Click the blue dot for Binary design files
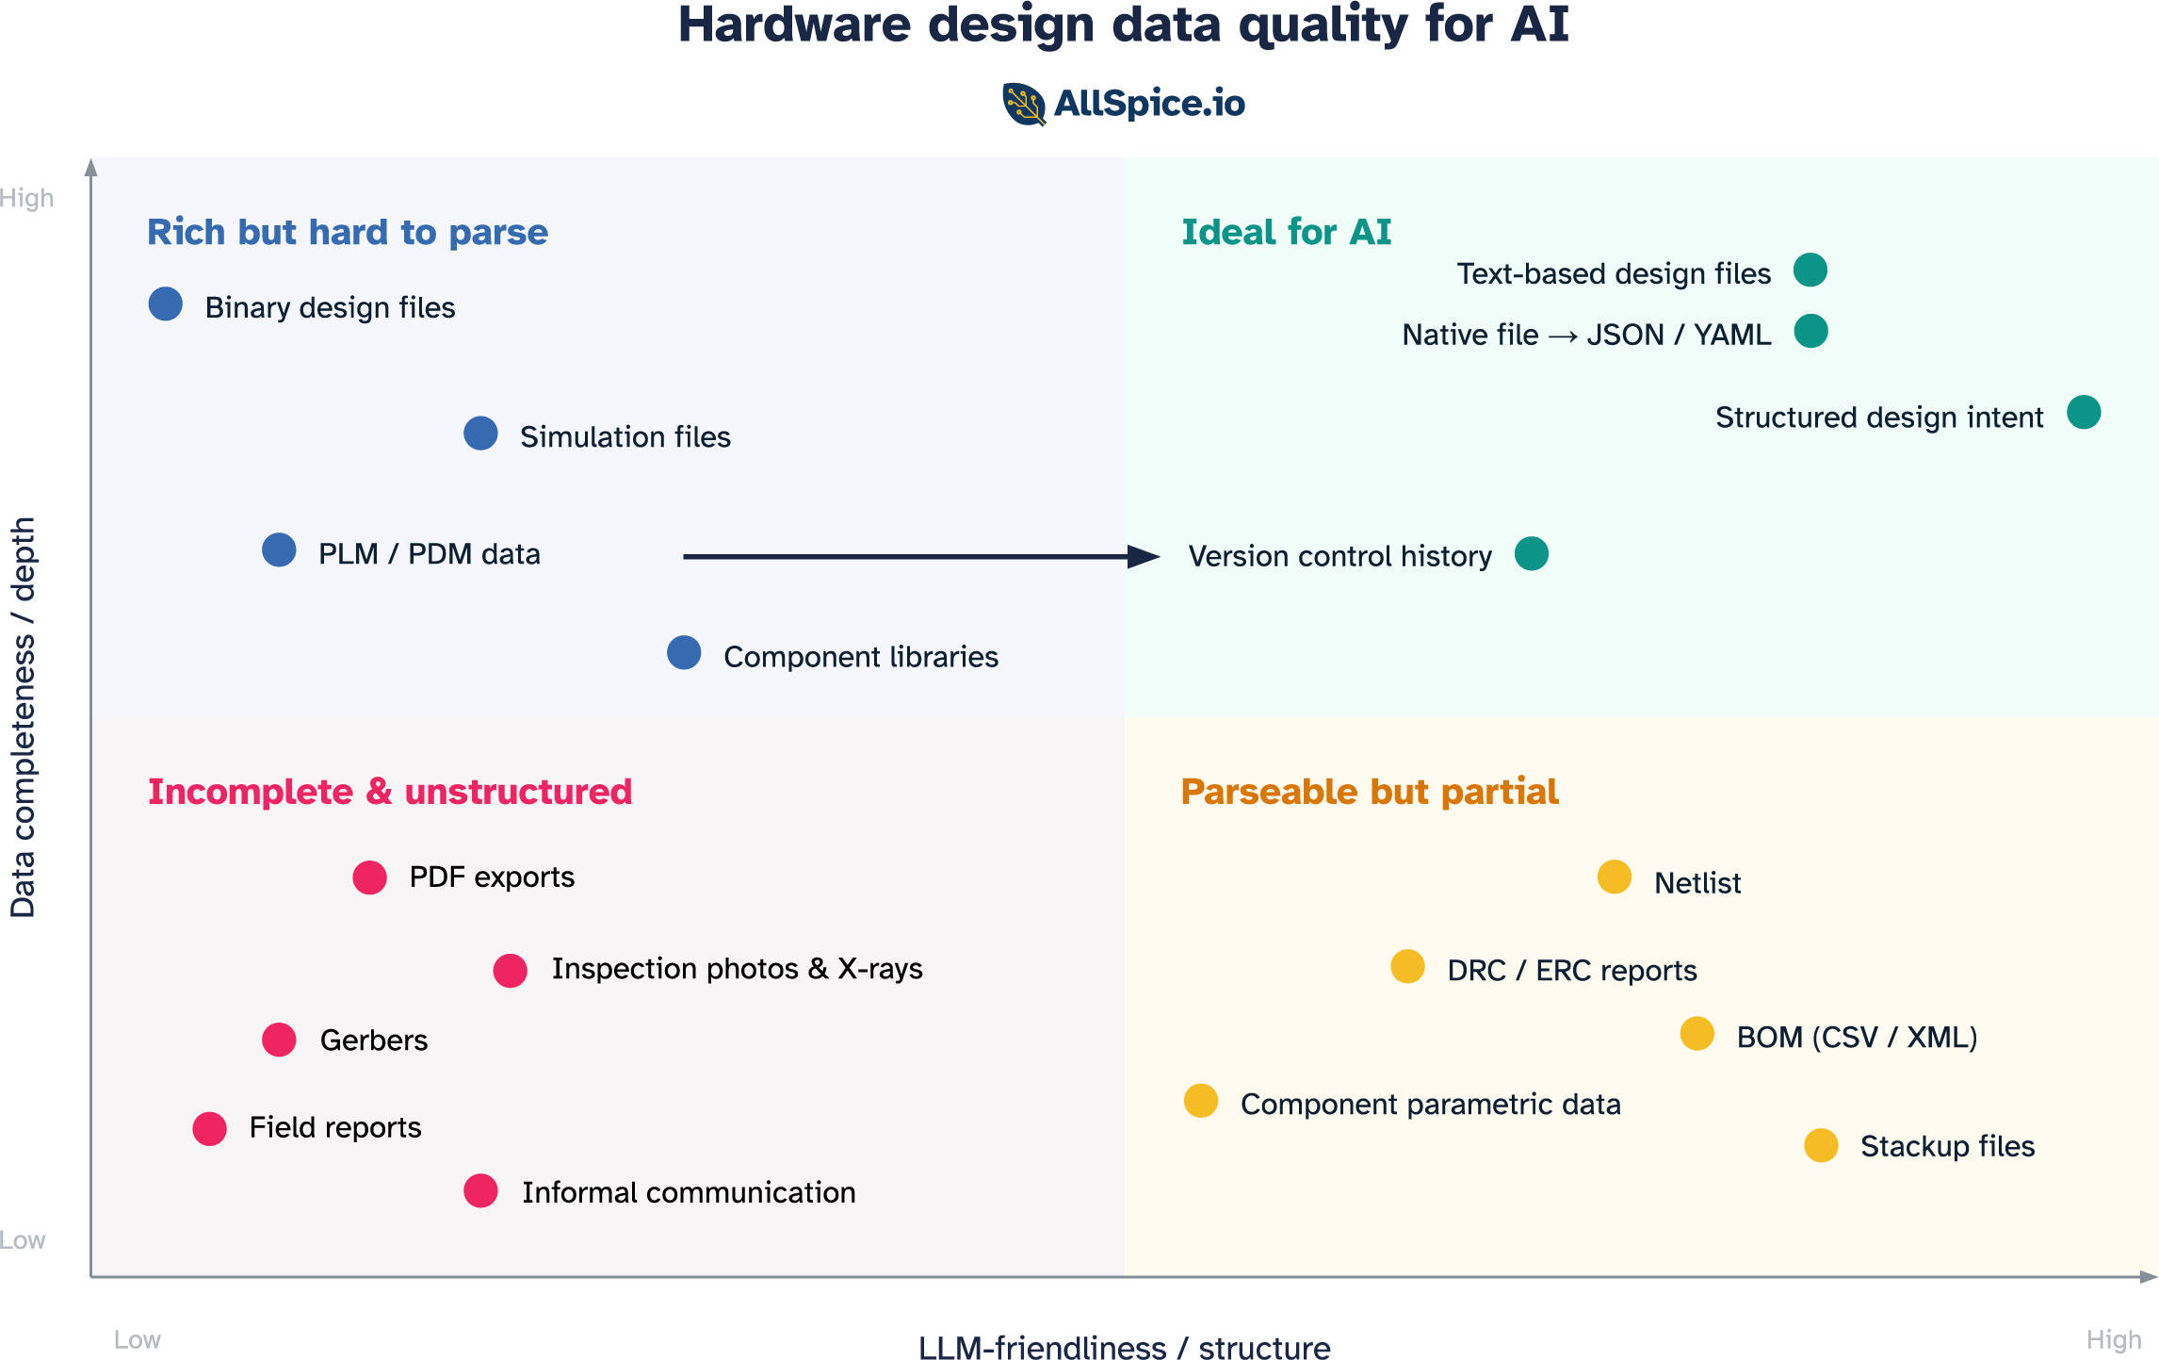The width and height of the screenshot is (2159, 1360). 166,303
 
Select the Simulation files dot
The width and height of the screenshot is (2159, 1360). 480,434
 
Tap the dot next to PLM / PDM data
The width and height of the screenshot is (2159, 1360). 279,549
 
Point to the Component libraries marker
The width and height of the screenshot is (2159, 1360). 684,652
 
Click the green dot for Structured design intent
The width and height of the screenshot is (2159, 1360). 2084,413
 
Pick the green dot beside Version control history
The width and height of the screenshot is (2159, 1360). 1532,553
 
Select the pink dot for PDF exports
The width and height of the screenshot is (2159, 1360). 369,877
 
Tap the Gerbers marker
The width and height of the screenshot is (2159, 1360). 279,1040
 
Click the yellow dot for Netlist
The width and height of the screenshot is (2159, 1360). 1615,877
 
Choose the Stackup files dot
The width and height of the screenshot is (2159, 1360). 1821,1145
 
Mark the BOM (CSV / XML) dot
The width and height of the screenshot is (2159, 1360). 1697,1033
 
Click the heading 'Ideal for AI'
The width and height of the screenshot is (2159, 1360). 1286,232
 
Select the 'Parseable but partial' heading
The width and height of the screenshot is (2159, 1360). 1370,792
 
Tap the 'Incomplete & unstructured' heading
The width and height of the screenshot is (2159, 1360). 390,792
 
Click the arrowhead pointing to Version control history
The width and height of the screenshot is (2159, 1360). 1144,557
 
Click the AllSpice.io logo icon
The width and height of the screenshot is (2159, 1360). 1024,104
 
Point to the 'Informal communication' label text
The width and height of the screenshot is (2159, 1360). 689,1192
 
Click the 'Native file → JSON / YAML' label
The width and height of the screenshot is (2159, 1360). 1586,335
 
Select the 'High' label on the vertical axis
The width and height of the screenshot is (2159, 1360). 27,198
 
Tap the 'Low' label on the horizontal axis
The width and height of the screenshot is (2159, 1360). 138,1339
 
